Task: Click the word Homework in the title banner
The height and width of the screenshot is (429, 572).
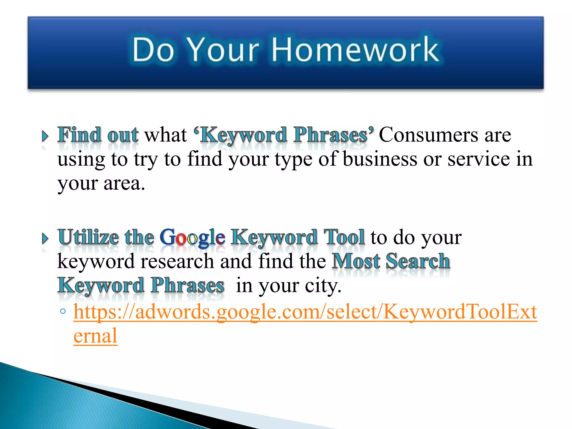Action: click(x=355, y=50)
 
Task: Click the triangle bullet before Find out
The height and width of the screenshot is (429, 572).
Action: click(x=45, y=136)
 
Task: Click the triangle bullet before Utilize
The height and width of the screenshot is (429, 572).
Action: click(x=45, y=239)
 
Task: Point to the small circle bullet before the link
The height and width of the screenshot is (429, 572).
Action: click(x=63, y=311)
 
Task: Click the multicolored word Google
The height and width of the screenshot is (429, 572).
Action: click(x=192, y=238)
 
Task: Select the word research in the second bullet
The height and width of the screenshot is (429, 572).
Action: click(x=177, y=261)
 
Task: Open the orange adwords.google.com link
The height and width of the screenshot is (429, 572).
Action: click(x=304, y=312)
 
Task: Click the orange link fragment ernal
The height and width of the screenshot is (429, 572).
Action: click(x=95, y=336)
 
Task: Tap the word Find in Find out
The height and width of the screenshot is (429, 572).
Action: click(x=79, y=135)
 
